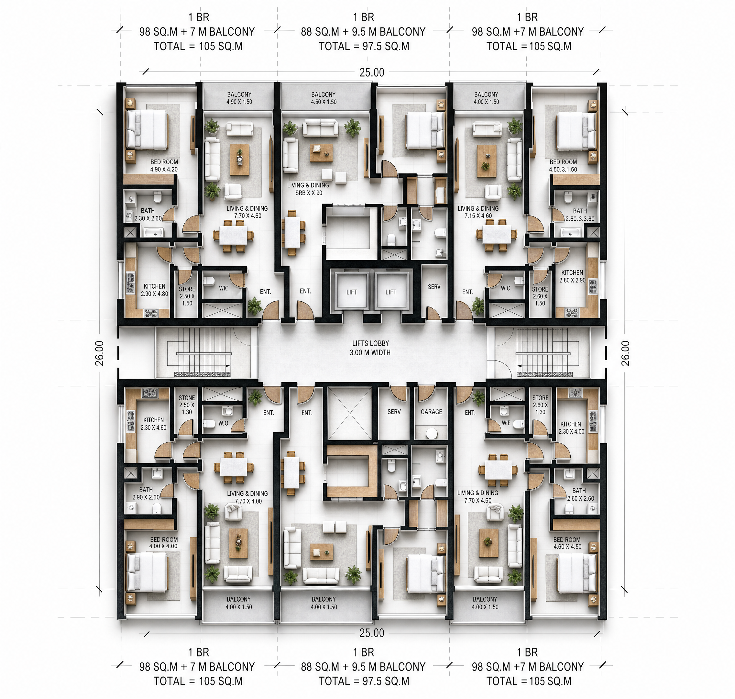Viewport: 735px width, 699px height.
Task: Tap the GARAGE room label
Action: (431, 412)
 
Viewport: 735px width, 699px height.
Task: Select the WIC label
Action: (224, 288)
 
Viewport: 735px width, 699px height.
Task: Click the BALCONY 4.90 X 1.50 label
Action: (239, 98)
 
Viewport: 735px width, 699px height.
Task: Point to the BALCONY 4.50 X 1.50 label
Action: (324, 98)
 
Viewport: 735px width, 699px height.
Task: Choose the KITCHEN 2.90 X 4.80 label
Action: (154, 290)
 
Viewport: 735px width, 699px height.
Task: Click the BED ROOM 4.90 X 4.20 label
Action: (164, 165)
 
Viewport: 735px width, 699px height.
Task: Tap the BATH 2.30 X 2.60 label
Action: (148, 214)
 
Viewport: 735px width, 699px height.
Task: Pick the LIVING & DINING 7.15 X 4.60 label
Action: (478, 212)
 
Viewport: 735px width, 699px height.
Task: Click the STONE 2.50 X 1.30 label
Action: (187, 405)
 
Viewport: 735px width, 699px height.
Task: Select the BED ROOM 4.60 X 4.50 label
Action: (567, 543)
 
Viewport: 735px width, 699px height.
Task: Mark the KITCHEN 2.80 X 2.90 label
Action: (572, 276)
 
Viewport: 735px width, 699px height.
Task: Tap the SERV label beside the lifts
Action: (434, 287)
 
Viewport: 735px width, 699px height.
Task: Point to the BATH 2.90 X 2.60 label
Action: (146, 493)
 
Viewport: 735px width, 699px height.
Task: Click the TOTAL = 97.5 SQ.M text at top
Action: (364, 46)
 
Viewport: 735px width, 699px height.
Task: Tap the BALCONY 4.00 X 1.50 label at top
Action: (486, 98)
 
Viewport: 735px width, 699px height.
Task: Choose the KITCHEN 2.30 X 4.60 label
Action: (153, 424)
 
